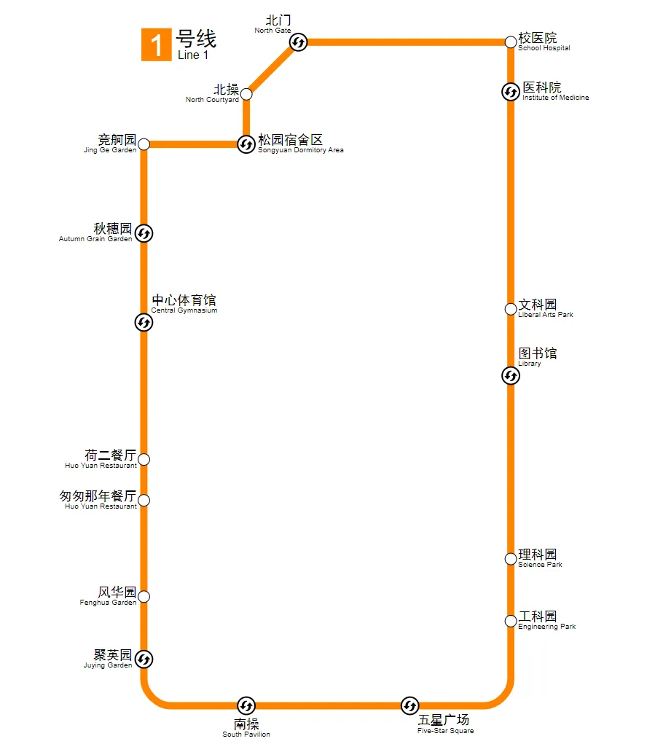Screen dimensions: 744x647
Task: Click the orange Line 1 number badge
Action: coord(156,45)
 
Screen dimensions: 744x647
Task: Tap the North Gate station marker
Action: coord(299,43)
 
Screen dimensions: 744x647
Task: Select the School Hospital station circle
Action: coord(511,42)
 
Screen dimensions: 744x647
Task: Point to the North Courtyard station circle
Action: coord(246,94)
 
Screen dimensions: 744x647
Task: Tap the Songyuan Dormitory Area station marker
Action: coord(246,144)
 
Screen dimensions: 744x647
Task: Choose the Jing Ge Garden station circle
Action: coord(144,144)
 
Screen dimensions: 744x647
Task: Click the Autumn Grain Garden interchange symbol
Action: coord(144,233)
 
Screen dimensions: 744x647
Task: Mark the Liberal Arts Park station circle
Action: coord(511,309)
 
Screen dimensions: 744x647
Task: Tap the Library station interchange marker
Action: coord(511,376)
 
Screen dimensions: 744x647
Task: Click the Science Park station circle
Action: coord(511,559)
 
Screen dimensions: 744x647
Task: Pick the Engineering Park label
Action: coord(546,621)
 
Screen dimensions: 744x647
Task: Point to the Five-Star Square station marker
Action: coord(409,705)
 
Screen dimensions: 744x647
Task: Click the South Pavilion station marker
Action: coord(246,705)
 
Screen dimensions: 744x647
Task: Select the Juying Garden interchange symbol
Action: coord(144,659)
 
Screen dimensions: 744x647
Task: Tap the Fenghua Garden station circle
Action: coord(144,597)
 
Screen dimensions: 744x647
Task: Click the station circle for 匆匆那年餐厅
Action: coord(144,500)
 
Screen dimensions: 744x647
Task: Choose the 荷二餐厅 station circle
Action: coord(144,459)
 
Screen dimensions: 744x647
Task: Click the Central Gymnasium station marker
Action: coord(144,322)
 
